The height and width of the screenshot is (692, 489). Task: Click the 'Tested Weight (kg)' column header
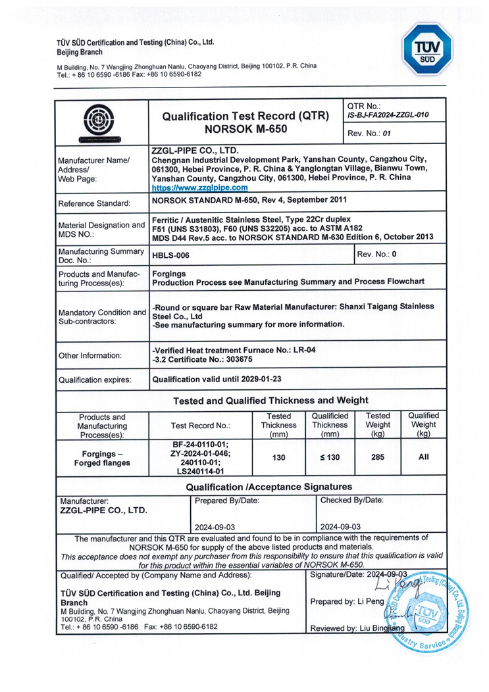tap(378, 425)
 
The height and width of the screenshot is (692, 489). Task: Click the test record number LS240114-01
tap(201, 471)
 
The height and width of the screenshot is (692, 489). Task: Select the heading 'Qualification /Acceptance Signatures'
tap(269, 487)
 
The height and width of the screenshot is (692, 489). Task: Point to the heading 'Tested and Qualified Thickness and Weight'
tap(270, 400)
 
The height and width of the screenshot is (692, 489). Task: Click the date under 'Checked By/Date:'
tap(339, 526)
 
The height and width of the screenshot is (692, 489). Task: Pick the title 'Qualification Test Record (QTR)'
tap(245, 116)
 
